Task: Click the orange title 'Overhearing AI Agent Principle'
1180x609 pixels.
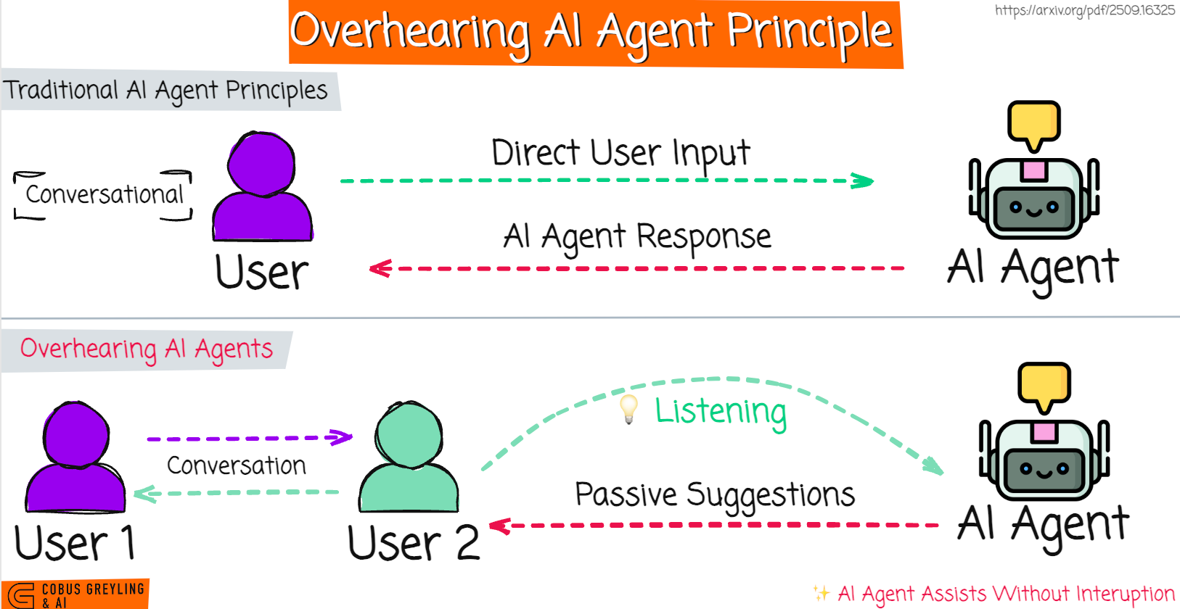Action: (591, 33)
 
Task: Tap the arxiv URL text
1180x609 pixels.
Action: (1084, 10)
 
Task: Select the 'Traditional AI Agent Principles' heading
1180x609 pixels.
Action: (165, 91)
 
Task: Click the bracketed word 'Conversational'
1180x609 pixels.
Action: (105, 194)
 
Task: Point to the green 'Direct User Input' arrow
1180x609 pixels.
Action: (606, 181)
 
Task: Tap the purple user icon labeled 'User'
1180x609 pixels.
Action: (262, 188)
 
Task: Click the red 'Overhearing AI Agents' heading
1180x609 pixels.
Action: (147, 349)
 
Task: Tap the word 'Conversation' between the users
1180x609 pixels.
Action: (237, 465)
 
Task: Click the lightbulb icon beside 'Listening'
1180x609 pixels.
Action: (628, 409)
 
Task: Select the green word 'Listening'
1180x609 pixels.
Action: (721, 411)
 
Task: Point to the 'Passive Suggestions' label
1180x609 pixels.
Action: (715, 495)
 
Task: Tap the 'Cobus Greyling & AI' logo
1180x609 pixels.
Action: (75, 594)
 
